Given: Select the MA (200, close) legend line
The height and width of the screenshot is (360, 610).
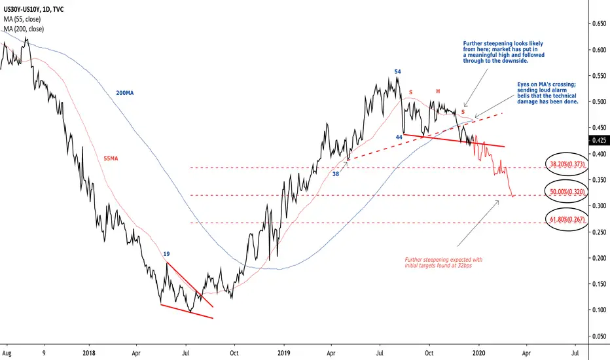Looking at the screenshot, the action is pyautogui.click(x=24, y=29).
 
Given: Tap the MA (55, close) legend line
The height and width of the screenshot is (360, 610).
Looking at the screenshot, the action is pyautogui.click(x=22, y=19).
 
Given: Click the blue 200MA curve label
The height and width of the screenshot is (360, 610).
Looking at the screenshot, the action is pyautogui.click(x=124, y=93).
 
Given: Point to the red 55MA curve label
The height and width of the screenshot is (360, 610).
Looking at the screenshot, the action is pyautogui.click(x=111, y=158).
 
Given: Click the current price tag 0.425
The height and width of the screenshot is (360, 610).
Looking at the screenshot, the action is pyautogui.click(x=599, y=140).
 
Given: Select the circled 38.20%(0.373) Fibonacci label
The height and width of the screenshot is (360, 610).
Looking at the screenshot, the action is pyautogui.click(x=567, y=164).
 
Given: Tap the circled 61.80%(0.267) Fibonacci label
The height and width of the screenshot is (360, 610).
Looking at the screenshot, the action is pyautogui.click(x=567, y=219).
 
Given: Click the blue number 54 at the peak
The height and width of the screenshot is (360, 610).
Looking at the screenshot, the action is pyautogui.click(x=397, y=71).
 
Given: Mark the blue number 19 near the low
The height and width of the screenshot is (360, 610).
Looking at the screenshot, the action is pyautogui.click(x=166, y=254).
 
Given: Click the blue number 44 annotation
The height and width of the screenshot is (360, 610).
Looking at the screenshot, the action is pyautogui.click(x=399, y=137).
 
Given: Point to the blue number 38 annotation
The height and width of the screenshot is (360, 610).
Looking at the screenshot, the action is pyautogui.click(x=335, y=174).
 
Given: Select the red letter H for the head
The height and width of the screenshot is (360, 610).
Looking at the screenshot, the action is pyautogui.click(x=438, y=91).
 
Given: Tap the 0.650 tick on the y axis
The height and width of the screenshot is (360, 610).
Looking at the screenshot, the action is pyautogui.click(x=599, y=24).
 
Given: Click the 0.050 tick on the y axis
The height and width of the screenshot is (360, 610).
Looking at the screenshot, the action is pyautogui.click(x=599, y=336).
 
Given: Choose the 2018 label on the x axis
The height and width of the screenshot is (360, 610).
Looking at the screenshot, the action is pyautogui.click(x=89, y=353).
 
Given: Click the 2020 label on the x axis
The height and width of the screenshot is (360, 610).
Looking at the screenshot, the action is pyautogui.click(x=478, y=353).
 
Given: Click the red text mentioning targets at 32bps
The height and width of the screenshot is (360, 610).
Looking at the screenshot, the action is pyautogui.click(x=444, y=262).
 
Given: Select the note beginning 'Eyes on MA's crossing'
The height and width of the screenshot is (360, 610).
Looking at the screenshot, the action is pyautogui.click(x=547, y=93).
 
